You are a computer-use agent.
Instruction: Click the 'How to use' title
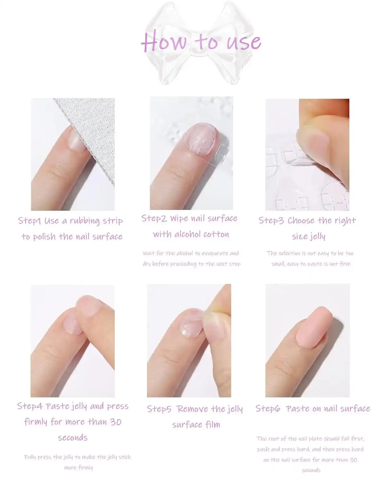(x=201, y=42)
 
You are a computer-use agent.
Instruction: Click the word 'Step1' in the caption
(x=30, y=221)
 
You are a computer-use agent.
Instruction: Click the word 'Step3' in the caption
(x=271, y=221)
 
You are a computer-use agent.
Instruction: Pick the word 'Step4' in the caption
(x=30, y=406)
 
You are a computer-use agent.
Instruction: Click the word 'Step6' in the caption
(x=268, y=409)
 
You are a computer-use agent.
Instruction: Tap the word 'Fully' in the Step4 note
(x=30, y=457)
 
